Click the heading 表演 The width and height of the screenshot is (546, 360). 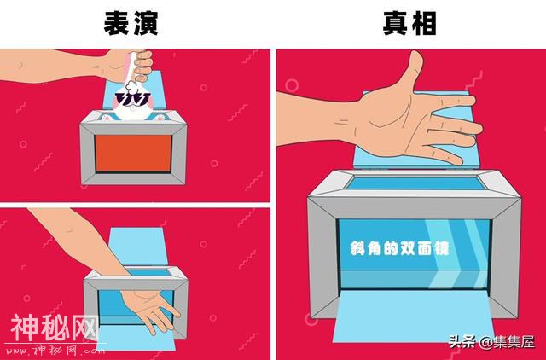coord(131,23)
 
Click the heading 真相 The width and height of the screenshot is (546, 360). coord(409,23)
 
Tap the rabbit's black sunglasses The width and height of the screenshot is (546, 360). coord(133,99)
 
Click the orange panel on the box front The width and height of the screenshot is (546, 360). coord(133,154)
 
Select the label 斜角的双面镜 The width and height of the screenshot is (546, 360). coord(399,248)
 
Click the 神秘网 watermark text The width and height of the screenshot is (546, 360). coord(55,328)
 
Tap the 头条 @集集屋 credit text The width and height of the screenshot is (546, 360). coord(491,341)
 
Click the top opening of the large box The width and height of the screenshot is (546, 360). coord(416,183)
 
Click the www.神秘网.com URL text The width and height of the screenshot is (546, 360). coord(53,349)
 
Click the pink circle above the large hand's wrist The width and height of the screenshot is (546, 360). coord(292,85)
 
